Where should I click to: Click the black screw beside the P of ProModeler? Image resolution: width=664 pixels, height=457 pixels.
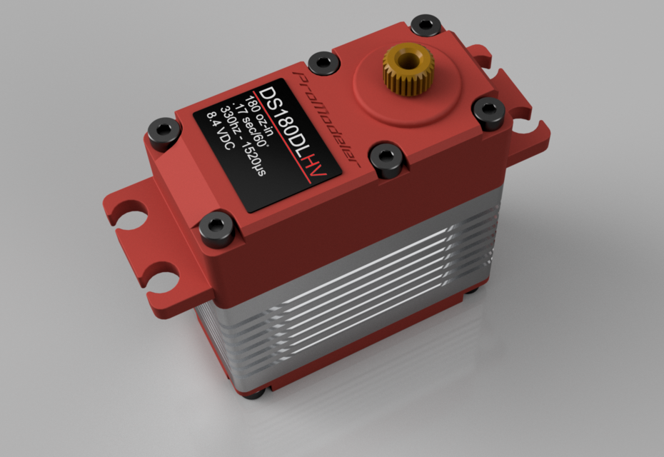coord(318,62)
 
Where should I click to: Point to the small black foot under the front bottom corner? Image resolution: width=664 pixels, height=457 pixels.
coord(265,390)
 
